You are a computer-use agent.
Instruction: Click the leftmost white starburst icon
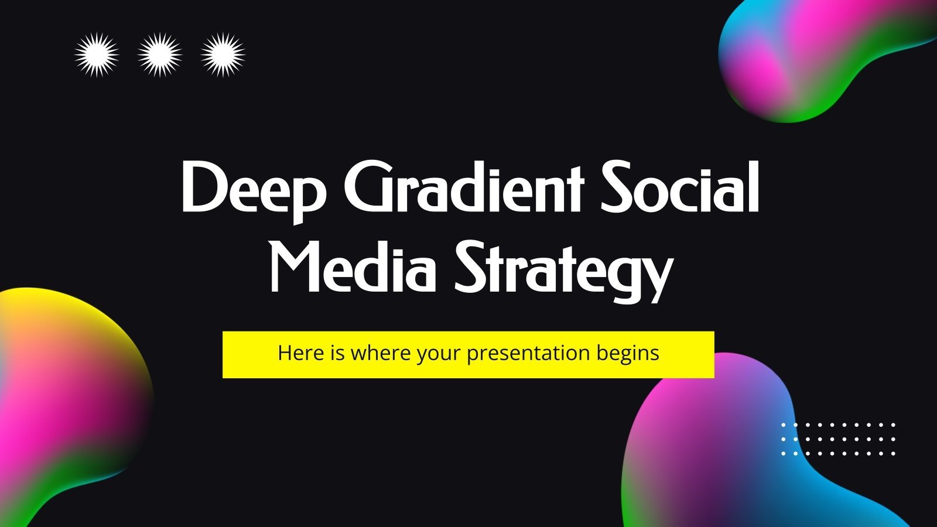(x=97, y=55)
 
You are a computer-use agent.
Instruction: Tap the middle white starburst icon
(x=159, y=55)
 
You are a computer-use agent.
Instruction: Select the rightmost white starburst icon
(x=223, y=55)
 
